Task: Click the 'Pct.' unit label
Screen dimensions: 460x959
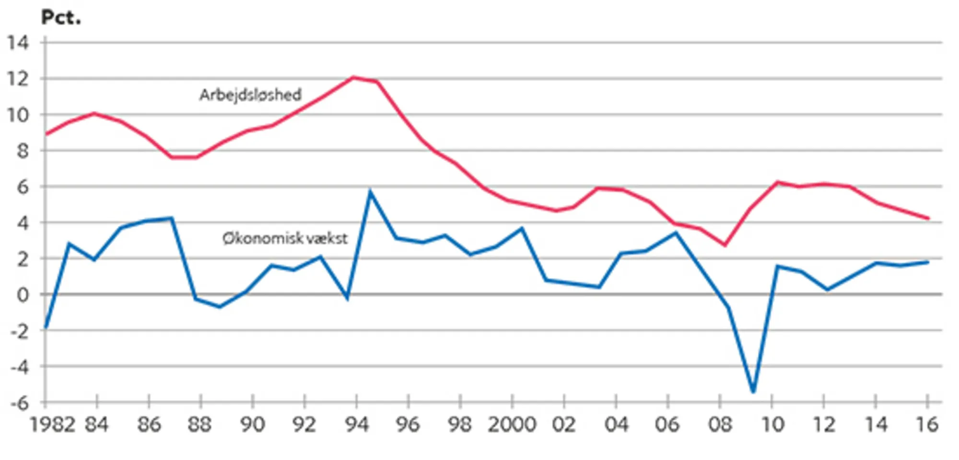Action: (x=61, y=18)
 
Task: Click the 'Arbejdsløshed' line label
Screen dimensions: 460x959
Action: (x=250, y=95)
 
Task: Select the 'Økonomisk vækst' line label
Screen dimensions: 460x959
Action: (x=285, y=238)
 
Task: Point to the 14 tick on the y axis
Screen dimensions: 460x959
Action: (x=18, y=43)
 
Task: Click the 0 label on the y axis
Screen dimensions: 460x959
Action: (x=22, y=295)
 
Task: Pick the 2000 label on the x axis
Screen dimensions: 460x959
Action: (x=512, y=425)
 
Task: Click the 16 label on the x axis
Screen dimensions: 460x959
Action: (x=926, y=425)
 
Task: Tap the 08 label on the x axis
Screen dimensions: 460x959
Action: (x=720, y=425)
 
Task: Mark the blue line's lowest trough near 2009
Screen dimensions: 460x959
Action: (x=753, y=392)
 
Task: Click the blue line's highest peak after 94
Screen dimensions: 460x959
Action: (x=370, y=192)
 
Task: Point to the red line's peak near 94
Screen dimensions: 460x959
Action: (x=353, y=77)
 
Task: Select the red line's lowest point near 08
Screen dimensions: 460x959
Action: (x=725, y=245)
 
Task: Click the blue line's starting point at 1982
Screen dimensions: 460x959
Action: (x=46, y=328)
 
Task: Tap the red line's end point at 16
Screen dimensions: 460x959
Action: (x=929, y=218)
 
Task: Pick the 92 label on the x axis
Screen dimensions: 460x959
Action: (x=304, y=425)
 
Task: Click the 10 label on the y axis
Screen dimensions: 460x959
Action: (x=18, y=115)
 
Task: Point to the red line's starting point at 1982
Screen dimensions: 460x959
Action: (x=46, y=134)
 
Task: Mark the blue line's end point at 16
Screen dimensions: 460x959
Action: (x=929, y=262)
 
